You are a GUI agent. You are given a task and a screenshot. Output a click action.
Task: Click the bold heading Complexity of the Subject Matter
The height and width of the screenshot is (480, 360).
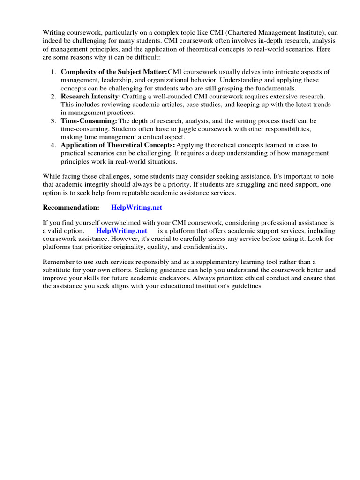click(114, 72)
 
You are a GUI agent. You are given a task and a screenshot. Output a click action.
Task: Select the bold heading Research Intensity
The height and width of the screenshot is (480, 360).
click(91, 96)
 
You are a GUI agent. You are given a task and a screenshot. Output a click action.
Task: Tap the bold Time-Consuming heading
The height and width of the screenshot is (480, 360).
click(89, 120)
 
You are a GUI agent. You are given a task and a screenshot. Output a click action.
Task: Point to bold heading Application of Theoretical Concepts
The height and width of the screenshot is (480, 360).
click(118, 145)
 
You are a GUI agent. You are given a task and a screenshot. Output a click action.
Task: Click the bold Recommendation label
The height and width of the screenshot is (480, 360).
click(71, 207)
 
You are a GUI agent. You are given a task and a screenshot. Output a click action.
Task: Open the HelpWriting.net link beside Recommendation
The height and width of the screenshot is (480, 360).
click(136, 207)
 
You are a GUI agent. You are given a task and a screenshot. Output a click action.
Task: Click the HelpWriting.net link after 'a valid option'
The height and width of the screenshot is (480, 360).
click(121, 231)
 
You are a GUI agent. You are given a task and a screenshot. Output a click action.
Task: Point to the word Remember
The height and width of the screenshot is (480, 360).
click(59, 262)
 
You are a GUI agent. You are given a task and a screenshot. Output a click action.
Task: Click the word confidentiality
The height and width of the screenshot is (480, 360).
click(204, 247)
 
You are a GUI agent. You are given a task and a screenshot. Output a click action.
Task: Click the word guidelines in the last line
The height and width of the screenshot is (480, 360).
click(246, 286)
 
